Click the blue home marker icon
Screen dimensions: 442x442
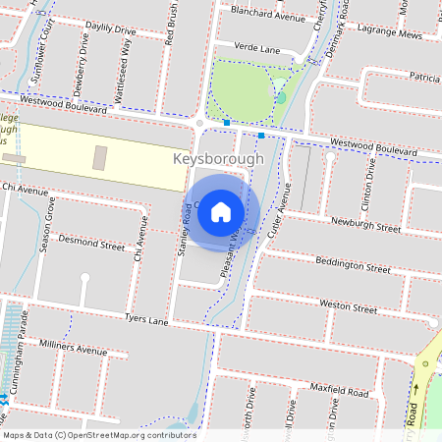click(x=221, y=210)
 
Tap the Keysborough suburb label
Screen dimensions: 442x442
click(x=217, y=158)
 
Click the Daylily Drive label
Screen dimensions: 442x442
click(x=112, y=31)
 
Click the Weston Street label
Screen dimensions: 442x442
click(x=348, y=307)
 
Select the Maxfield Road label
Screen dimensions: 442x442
click(x=339, y=392)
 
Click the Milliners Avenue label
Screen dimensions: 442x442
click(x=74, y=348)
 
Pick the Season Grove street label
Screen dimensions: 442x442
click(x=45, y=225)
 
